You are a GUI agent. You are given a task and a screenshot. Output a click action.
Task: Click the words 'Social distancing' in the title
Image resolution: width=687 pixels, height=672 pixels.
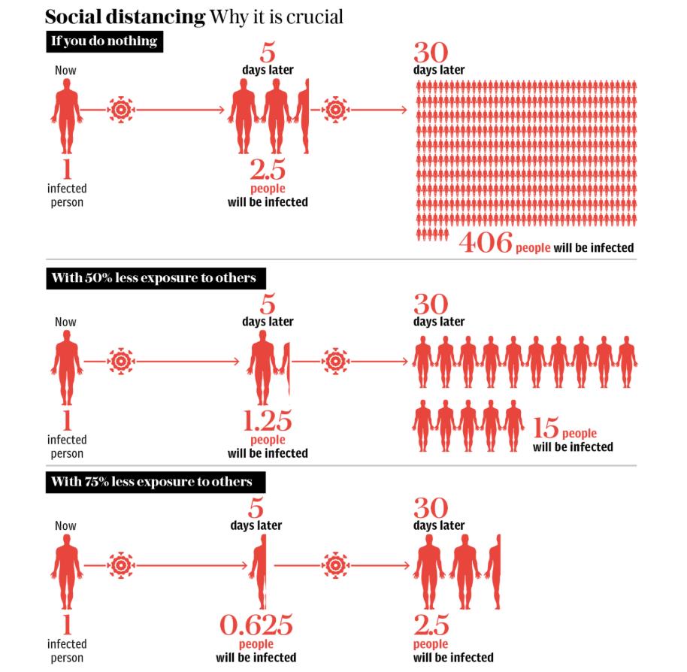click(x=125, y=17)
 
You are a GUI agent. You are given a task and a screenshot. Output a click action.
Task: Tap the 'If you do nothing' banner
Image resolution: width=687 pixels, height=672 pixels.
click(x=104, y=41)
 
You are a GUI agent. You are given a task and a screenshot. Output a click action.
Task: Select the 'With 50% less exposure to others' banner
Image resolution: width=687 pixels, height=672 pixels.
click(x=153, y=278)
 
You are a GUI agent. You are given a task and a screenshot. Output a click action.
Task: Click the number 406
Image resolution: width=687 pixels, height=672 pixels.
click(x=485, y=243)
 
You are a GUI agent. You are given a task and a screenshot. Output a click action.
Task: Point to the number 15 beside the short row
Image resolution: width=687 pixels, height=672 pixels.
click(x=546, y=429)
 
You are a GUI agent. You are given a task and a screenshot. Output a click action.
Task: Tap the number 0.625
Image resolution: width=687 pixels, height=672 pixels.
click(x=256, y=625)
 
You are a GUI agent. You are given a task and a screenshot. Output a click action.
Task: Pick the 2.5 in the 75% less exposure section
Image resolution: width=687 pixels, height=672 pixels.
click(x=431, y=625)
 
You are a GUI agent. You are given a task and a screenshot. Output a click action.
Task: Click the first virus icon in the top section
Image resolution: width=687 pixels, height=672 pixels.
click(x=121, y=110)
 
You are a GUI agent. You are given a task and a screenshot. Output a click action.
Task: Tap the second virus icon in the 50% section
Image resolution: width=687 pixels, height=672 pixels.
click(x=335, y=362)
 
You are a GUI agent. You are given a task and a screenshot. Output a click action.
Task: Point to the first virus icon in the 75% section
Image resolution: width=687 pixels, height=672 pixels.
click(x=121, y=565)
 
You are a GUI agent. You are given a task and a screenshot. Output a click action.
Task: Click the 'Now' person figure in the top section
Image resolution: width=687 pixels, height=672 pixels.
click(x=65, y=113)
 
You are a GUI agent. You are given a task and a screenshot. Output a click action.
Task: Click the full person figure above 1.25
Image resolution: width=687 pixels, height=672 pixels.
click(x=263, y=365)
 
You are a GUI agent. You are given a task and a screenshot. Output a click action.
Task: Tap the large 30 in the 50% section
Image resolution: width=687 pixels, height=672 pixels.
click(x=431, y=304)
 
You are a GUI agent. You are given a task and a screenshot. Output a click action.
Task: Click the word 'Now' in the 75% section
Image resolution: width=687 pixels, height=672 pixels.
click(x=65, y=526)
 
